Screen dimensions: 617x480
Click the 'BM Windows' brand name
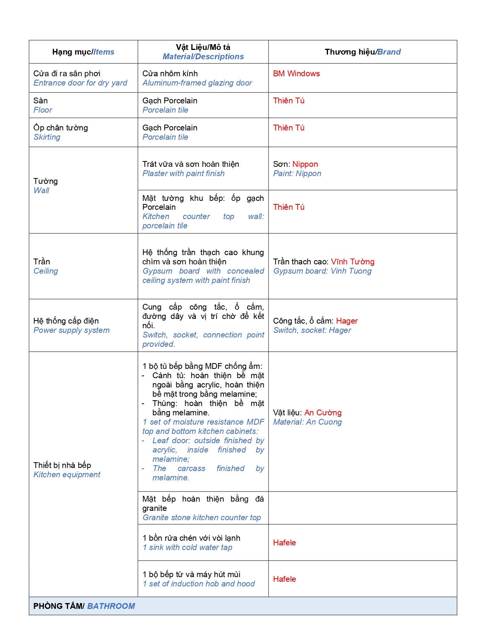coord(296,74)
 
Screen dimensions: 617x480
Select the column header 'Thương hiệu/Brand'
coord(362,52)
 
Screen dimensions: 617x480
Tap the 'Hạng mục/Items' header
coord(83,52)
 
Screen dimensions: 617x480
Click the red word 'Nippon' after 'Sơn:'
coord(305,164)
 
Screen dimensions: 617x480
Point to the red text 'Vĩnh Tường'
coord(352,262)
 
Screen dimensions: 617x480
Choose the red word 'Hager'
coord(347,321)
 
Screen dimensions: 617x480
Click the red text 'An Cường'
coord(323,413)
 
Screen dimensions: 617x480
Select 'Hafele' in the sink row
coord(284,543)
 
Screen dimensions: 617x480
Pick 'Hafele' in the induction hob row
coord(284,579)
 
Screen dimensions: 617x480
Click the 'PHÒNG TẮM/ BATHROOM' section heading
coord(84,606)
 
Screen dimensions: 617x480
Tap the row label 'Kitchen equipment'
coord(67,475)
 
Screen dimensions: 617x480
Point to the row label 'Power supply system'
coord(71,330)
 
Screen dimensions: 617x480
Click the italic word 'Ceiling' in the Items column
coord(46,271)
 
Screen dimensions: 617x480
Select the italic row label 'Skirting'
coord(47,137)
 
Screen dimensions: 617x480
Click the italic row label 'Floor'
coord(43,110)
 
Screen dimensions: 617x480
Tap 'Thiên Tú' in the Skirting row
coord(289,128)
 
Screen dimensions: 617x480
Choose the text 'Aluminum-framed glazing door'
coord(197,83)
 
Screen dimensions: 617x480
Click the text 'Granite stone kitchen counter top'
coord(202,518)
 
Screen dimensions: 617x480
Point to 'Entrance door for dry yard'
coord(80,83)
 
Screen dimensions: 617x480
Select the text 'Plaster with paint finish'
coord(183,173)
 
